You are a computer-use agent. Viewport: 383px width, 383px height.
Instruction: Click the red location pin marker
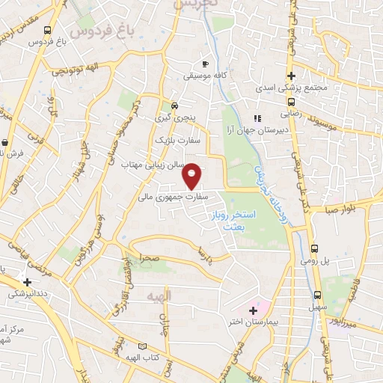pyautogui.click(x=192, y=177)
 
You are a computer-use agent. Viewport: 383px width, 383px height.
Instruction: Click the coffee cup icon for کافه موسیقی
pyautogui.click(x=206, y=64)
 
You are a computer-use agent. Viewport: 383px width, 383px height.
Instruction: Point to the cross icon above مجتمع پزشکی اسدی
pyautogui.click(x=292, y=76)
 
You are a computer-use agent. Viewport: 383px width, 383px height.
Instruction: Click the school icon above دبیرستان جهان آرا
pyautogui.click(x=258, y=117)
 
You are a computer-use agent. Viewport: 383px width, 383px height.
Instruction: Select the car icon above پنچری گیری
pyautogui.click(x=174, y=105)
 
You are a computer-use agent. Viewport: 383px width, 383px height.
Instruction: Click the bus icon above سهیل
pyautogui.click(x=318, y=295)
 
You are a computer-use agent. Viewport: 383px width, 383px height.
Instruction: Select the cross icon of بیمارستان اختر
pyautogui.click(x=253, y=310)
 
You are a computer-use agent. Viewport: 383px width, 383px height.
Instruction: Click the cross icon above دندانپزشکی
pyautogui.click(x=28, y=283)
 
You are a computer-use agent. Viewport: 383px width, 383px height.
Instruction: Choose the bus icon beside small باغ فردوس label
pyautogui.click(x=48, y=31)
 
